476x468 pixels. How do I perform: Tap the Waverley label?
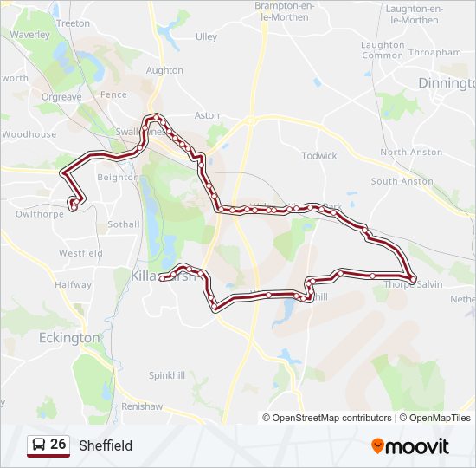(x=29, y=36)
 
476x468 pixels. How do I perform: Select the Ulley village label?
(x=206, y=36)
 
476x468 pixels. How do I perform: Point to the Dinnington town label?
(x=446, y=83)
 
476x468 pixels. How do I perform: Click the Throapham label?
(x=434, y=52)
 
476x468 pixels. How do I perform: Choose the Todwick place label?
(x=318, y=156)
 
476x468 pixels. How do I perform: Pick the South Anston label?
(x=402, y=181)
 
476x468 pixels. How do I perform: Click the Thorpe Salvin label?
(x=413, y=284)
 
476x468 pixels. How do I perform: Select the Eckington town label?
(x=69, y=338)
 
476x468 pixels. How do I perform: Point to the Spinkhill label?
(x=167, y=375)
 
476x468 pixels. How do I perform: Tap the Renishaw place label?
(x=142, y=406)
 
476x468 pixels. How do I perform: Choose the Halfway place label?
(x=73, y=284)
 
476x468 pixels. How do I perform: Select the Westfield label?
(x=80, y=253)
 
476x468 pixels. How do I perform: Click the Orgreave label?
(x=61, y=97)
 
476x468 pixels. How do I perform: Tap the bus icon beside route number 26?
(x=39, y=445)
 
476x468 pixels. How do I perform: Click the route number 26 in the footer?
(x=58, y=445)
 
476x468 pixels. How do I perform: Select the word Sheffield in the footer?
(x=106, y=445)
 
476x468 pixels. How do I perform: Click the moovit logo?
(x=410, y=446)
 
